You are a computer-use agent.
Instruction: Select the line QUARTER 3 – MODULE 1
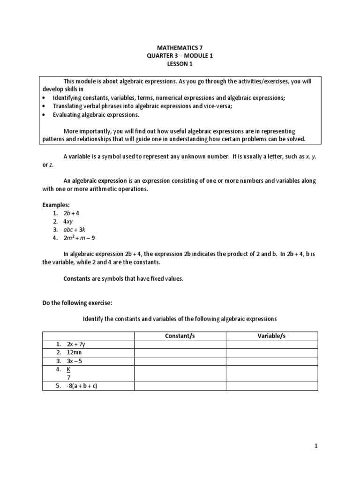(180, 56)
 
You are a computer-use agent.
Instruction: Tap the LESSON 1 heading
(180, 64)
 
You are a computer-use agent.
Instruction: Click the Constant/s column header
(180, 336)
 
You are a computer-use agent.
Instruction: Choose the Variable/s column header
(272, 336)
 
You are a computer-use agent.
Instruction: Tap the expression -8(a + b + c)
(82, 386)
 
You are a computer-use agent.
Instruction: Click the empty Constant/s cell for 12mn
(180, 352)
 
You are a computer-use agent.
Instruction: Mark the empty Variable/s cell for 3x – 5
(272, 361)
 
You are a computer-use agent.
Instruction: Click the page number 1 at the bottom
(316, 446)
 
